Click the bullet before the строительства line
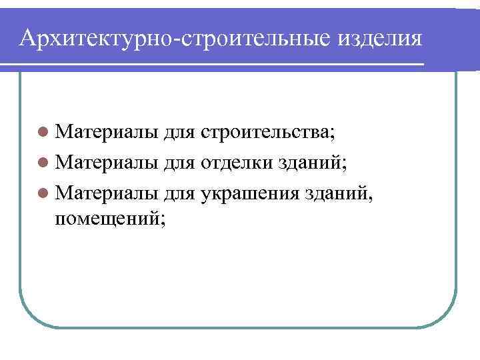coord(43,132)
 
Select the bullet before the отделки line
coord(43,161)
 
